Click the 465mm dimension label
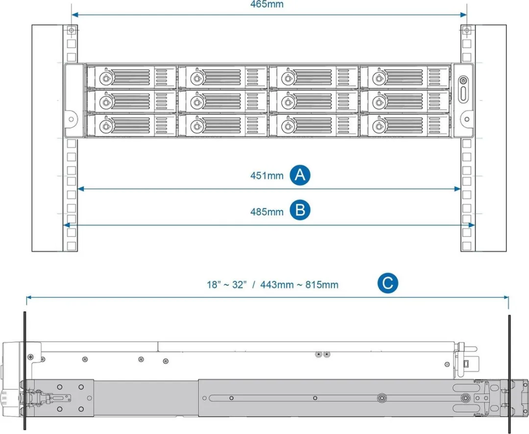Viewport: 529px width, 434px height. [x=266, y=4]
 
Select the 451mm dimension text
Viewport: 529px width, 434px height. [x=266, y=175]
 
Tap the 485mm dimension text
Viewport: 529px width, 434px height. [x=266, y=212]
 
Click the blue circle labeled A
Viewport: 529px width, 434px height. [x=300, y=175]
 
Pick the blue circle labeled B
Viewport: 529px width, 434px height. [x=300, y=210]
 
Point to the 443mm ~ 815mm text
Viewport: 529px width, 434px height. [x=299, y=285]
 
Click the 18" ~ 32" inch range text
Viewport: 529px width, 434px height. [x=227, y=285]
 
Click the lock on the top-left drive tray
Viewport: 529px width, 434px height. [x=106, y=78]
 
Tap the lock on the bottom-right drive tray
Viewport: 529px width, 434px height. [x=379, y=126]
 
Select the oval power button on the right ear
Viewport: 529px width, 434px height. [x=463, y=93]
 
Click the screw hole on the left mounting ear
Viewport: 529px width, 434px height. [x=71, y=119]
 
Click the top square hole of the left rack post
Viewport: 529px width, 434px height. [x=71, y=30]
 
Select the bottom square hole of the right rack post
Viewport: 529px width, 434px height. [x=467, y=246]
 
